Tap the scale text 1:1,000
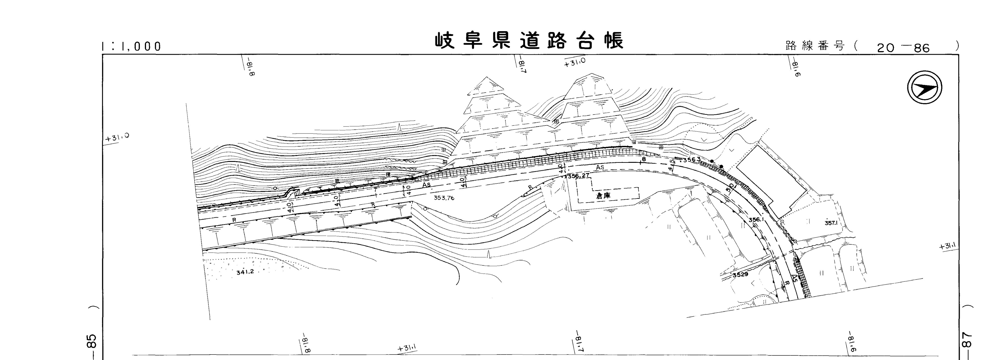tap(132, 46)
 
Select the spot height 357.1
tap(831, 223)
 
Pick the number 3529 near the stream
tap(740, 274)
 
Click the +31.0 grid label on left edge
tap(117, 138)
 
